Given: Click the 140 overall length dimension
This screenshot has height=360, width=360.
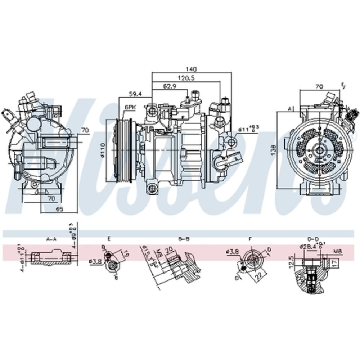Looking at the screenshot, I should point(191,69).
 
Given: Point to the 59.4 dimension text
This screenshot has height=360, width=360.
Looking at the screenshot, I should point(136,94).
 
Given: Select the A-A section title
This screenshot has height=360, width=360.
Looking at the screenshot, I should point(51,238).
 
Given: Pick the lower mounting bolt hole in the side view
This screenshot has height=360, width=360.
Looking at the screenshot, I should point(152,187).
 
